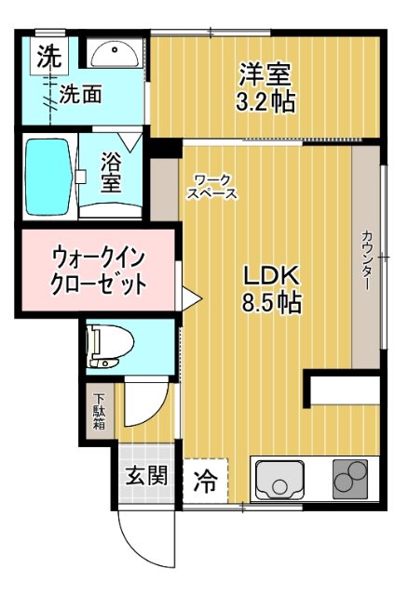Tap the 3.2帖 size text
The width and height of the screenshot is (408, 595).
(x=266, y=100)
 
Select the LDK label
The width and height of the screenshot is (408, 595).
(x=270, y=276)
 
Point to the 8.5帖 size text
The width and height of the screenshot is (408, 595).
(x=272, y=303)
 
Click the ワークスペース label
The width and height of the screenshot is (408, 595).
(x=212, y=186)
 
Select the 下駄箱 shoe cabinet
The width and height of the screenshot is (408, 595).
(x=99, y=412)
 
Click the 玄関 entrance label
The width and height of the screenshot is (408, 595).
(x=147, y=477)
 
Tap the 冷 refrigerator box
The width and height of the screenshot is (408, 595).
(x=203, y=481)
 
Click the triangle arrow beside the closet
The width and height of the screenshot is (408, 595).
(x=192, y=298)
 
